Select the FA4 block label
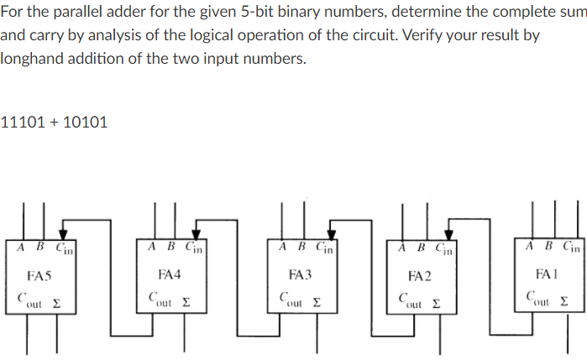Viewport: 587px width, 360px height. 170,274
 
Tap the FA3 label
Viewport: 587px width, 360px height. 300,274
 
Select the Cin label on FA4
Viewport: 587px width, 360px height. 193,248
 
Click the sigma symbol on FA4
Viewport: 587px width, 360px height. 186,300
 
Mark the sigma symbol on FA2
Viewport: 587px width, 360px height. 437,300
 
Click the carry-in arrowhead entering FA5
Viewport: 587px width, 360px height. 63,236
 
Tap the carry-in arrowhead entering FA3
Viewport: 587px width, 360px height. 331,236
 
